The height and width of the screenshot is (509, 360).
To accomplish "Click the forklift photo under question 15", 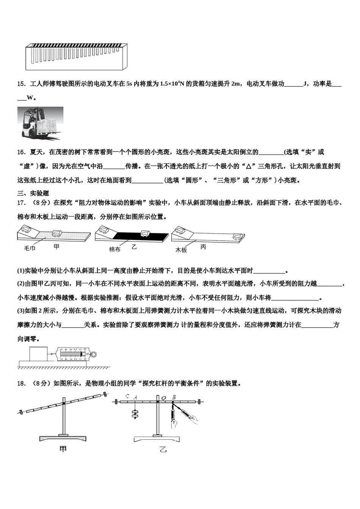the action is pos(40,123).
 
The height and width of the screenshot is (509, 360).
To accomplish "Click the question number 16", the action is pos(21,152).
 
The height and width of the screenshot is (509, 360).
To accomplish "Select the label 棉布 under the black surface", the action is pos(115,249).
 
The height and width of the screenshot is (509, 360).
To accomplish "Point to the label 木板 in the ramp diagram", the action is pos(181,250).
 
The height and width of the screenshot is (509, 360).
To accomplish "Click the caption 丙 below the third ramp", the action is pos(203,247).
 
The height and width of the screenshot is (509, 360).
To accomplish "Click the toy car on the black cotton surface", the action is pos(145,233).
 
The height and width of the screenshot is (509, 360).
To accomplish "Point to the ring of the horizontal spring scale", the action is pos(94,354).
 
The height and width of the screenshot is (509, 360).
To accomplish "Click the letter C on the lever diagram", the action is pos(127,397).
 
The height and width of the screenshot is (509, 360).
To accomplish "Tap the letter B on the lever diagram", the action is pos(174,397).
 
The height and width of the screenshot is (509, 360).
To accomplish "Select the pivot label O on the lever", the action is pos(164,397).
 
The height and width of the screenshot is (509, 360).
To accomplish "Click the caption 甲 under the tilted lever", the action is pos(63,449).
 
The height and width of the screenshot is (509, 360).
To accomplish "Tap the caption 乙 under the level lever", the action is pos(163,450).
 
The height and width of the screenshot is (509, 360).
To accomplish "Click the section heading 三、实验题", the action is pos(33,193).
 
